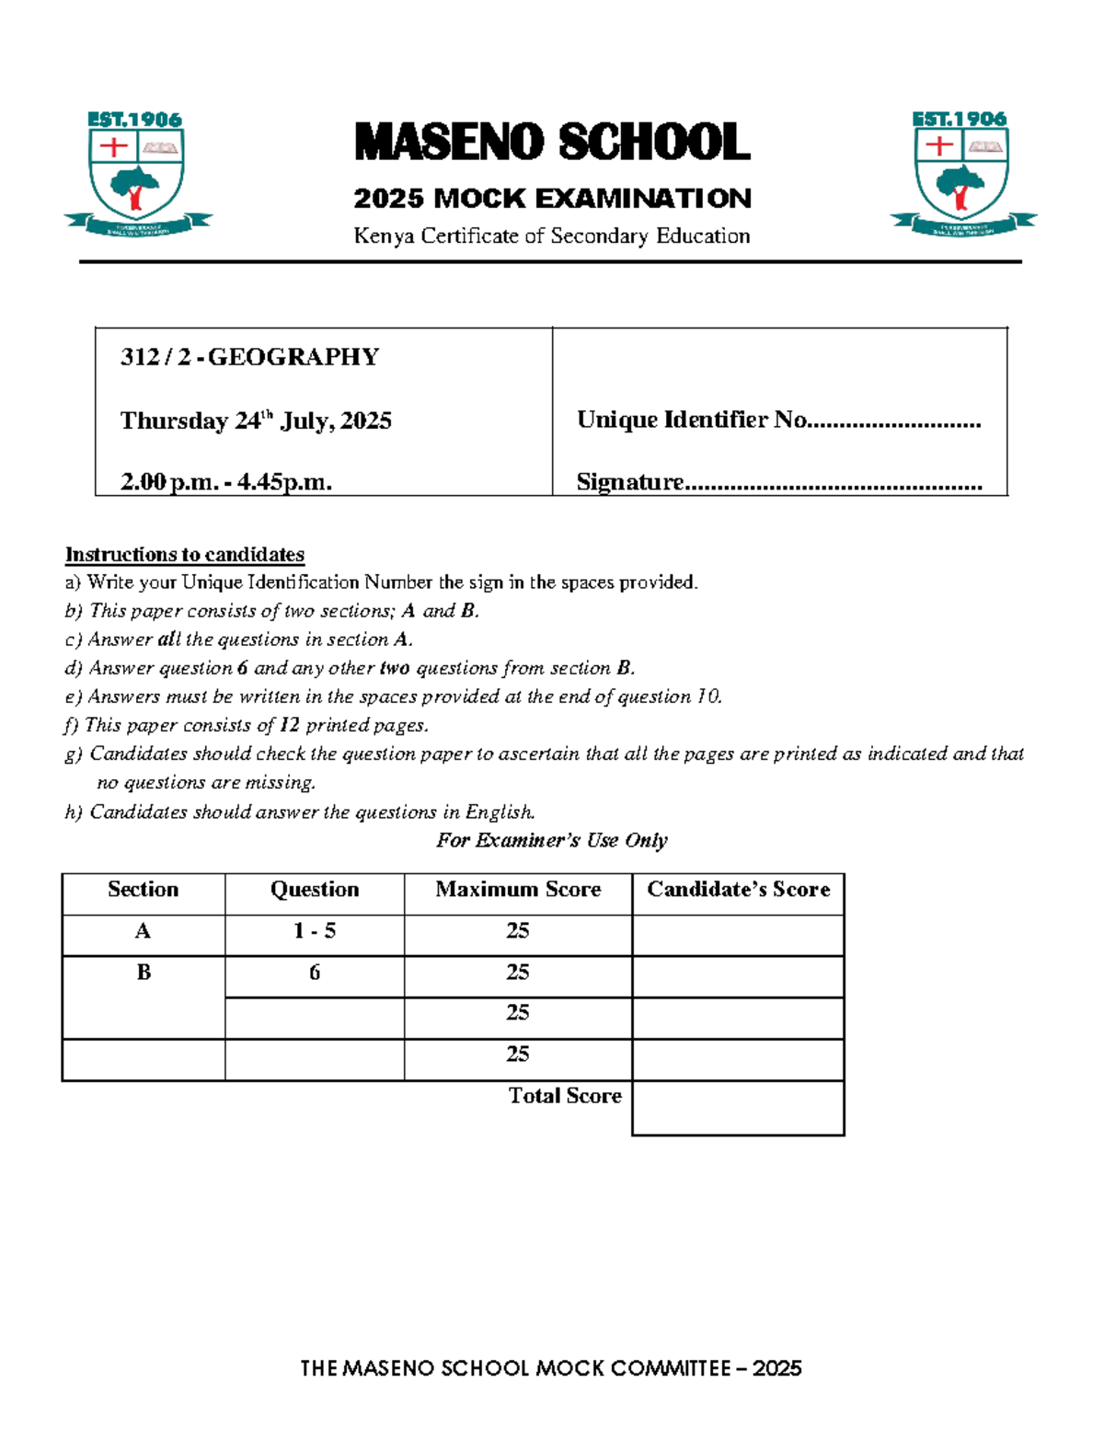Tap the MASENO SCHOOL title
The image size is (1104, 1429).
(552, 143)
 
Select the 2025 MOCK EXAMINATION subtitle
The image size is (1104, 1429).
(552, 198)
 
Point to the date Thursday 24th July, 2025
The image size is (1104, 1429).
(256, 421)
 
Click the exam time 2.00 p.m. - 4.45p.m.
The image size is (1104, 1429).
(225, 481)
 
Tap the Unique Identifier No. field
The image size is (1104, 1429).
(778, 421)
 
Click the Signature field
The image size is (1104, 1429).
(778, 482)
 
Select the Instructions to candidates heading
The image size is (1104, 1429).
(184, 555)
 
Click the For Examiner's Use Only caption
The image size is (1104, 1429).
(551, 840)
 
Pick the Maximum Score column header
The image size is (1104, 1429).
(518, 890)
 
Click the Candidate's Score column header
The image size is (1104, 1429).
(738, 890)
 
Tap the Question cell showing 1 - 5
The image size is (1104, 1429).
(315, 931)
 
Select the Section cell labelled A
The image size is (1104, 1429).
(143, 931)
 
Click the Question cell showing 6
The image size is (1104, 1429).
(315, 973)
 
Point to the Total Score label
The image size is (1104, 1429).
(565, 1096)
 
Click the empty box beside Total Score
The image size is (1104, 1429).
(738, 1108)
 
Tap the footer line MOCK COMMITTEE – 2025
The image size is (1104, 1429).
(551, 1368)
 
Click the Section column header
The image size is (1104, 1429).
(143, 890)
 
